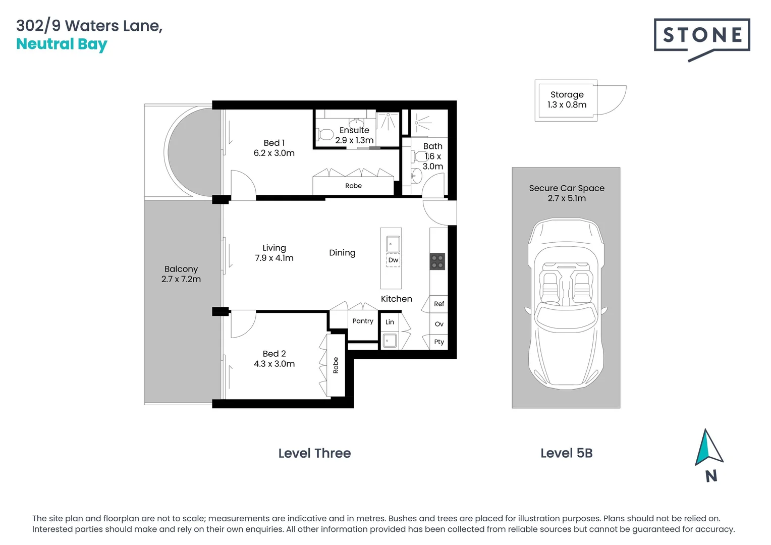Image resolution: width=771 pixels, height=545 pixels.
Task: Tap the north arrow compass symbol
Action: click(708, 449)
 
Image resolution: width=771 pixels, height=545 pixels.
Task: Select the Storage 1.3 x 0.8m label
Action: click(567, 100)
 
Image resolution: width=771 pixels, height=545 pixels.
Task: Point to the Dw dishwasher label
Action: click(393, 260)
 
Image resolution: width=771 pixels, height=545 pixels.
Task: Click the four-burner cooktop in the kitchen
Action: click(437, 261)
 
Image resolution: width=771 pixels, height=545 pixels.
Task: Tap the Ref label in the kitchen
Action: click(439, 304)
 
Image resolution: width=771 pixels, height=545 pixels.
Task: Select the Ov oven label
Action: click(439, 324)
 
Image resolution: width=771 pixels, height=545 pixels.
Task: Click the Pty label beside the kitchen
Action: click(439, 342)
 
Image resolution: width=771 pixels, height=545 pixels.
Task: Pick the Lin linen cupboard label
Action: click(390, 322)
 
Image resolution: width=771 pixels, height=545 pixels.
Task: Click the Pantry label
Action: click(363, 321)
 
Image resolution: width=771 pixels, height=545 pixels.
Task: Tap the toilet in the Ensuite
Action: click(325, 135)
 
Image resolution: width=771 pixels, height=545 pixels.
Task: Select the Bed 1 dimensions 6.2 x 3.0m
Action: click(274, 153)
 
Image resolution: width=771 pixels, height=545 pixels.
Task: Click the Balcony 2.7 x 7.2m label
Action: click(181, 274)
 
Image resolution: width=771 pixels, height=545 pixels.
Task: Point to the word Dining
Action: click(342, 253)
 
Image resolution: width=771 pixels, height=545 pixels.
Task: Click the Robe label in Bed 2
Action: click(336, 365)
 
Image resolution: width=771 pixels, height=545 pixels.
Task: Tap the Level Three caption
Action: click(314, 453)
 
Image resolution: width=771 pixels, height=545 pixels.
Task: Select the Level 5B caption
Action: click(566, 453)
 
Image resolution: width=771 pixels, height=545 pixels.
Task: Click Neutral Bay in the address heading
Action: click(62, 44)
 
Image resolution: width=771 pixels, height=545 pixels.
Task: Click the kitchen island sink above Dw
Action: click(393, 244)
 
